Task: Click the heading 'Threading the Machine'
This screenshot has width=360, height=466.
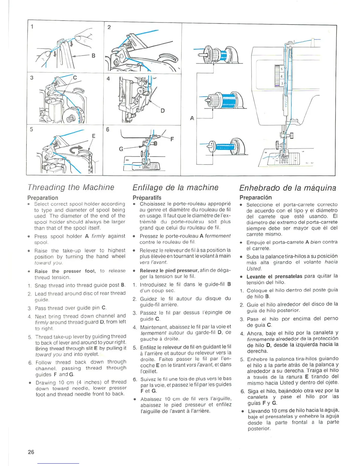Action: click(71, 187)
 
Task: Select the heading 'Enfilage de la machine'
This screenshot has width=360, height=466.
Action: click(175, 188)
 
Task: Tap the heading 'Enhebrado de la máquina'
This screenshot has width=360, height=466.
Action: click(288, 188)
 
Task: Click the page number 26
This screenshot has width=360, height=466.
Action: click(31, 452)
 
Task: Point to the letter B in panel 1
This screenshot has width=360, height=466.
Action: click(93, 55)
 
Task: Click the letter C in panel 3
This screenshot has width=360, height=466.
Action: click(75, 78)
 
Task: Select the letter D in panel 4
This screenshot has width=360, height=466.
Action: click(162, 111)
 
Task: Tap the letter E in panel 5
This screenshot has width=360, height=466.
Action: click(94, 136)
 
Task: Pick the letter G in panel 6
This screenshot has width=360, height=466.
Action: click(121, 149)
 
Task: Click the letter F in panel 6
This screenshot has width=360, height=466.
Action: click(172, 139)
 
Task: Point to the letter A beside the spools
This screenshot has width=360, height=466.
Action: click(192, 118)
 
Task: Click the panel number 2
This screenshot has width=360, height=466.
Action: click(109, 27)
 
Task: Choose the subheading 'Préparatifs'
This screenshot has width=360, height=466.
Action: click(147, 198)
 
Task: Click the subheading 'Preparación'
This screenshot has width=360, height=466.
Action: click(256, 197)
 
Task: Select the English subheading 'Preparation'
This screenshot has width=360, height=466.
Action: click(43, 198)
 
